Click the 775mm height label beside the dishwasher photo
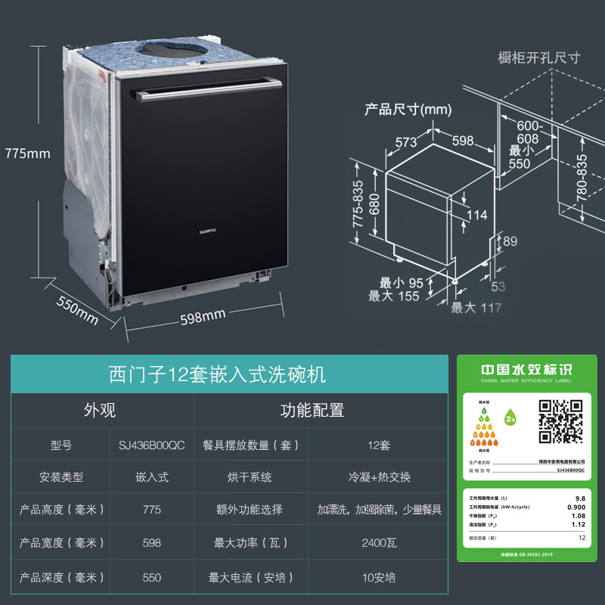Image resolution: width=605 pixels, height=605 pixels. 27,154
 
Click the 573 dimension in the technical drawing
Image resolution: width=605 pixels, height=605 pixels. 405,141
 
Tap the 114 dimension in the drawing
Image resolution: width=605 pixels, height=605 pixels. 476,215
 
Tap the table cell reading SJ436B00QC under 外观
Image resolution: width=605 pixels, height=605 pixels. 151,445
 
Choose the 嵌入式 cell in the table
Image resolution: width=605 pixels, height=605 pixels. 151,477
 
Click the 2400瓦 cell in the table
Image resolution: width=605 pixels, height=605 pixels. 379,542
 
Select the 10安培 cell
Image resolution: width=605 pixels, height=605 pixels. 379,577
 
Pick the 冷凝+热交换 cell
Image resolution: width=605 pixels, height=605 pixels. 379,477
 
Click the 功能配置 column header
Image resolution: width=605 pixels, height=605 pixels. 312,410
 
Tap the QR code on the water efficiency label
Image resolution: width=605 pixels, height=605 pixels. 560,421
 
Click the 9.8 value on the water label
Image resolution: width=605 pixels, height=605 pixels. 580,498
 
